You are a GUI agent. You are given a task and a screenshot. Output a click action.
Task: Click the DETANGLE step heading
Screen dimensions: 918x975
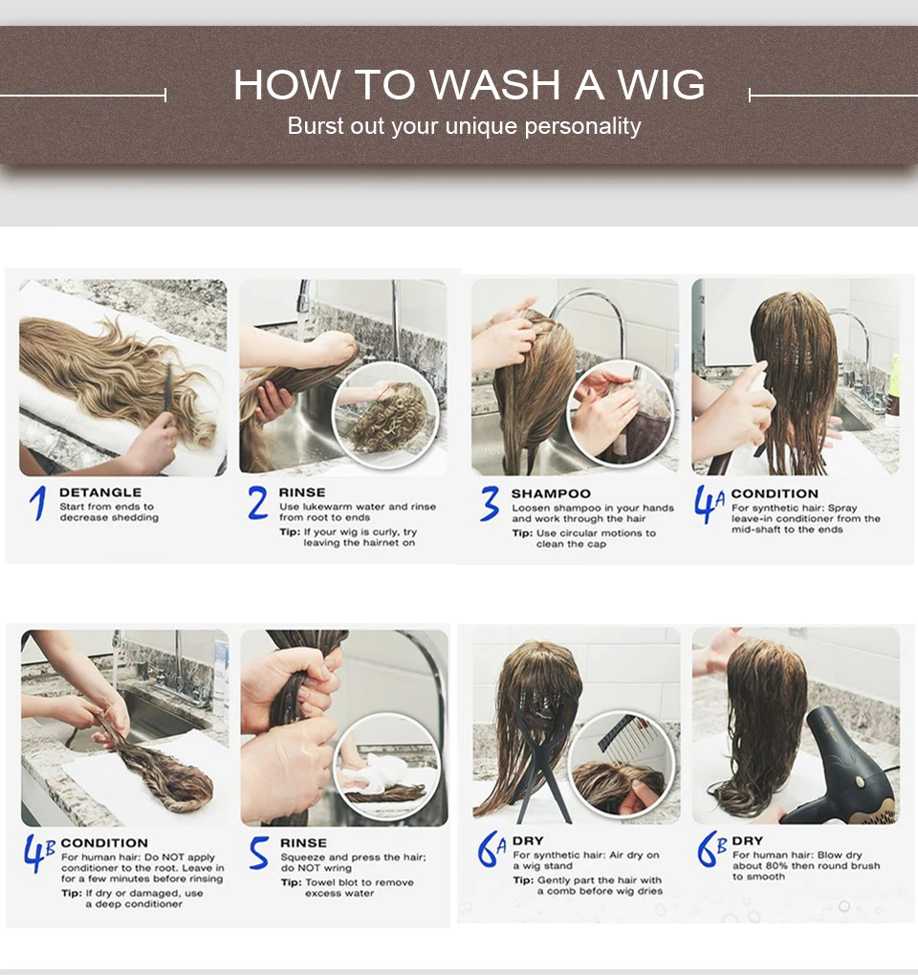coord(100,492)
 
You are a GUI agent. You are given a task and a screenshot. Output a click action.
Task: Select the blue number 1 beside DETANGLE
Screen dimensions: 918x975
coord(38,503)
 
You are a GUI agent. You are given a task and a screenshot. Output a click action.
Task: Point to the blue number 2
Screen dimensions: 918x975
coord(257,503)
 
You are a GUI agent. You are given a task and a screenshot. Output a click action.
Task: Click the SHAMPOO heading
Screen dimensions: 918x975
coord(551,494)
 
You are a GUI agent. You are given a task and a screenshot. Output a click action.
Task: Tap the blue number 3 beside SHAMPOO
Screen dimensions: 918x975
coord(490,504)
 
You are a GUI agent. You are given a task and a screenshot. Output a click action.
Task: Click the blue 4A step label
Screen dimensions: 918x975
coord(710,505)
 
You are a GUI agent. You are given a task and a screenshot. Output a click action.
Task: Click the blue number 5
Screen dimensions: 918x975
coord(259,853)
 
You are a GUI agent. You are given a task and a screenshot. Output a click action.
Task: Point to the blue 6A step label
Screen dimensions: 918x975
coord(492,849)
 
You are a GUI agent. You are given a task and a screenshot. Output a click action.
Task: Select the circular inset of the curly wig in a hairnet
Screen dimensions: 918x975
coord(385,416)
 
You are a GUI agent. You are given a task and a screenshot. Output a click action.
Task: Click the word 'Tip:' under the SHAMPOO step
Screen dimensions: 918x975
coord(522,533)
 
